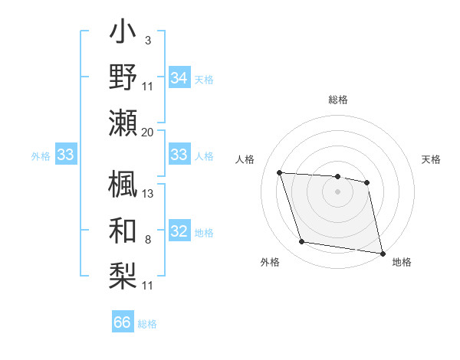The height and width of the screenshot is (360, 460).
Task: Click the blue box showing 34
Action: (179, 77)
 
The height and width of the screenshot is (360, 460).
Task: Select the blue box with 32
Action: (179, 232)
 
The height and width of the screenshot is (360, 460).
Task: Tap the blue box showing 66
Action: (123, 322)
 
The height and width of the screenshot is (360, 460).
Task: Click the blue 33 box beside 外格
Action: (66, 155)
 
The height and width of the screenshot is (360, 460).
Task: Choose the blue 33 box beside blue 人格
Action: (179, 155)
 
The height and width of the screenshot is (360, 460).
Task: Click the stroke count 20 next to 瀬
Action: (148, 133)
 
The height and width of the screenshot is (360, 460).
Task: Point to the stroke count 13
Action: (149, 194)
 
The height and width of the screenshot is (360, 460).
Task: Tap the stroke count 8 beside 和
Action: (148, 241)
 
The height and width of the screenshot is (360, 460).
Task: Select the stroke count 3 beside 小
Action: (148, 40)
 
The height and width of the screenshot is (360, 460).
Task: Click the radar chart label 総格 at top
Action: (338, 100)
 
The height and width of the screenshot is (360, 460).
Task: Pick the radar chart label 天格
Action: (432, 159)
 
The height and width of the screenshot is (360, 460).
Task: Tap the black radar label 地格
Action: (402, 262)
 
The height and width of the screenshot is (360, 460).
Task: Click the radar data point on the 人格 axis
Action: (280, 173)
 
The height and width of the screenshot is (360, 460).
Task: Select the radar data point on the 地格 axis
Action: (382, 253)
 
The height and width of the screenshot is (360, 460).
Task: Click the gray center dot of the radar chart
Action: (337, 191)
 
